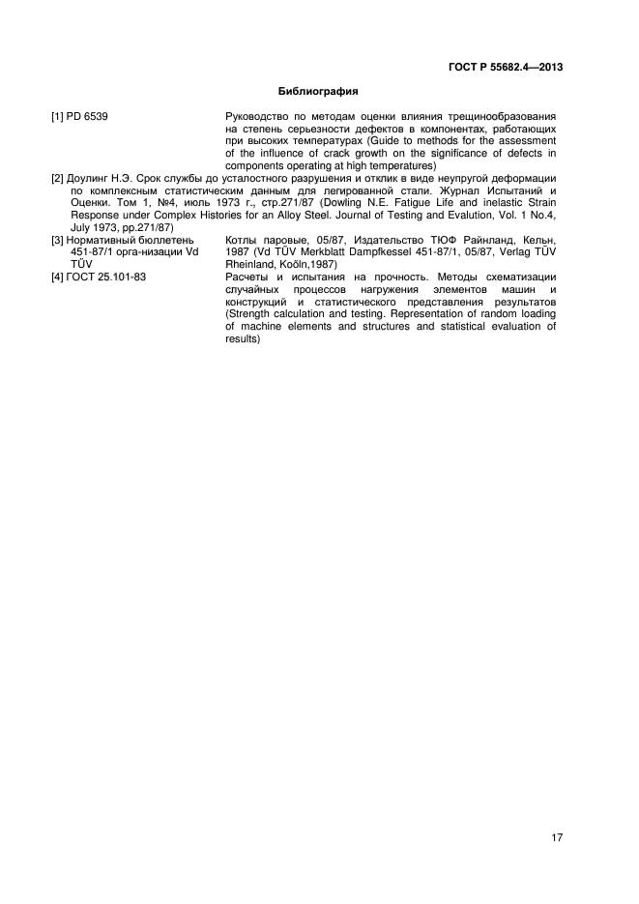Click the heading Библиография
pyautogui.click(x=318, y=92)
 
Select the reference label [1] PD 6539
pyautogui.click(x=79, y=117)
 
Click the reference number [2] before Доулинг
pyautogui.click(x=57, y=180)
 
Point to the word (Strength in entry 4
pyautogui.click(x=250, y=314)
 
